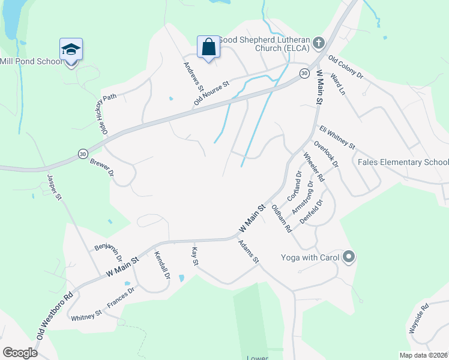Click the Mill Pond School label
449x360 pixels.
(x=31, y=61)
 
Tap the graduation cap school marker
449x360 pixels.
(x=71, y=49)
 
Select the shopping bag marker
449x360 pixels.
(x=208, y=47)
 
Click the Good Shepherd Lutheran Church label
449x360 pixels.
(x=264, y=44)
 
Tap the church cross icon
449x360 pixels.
(x=319, y=43)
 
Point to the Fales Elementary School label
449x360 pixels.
(x=403, y=163)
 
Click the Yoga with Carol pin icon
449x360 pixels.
(x=349, y=258)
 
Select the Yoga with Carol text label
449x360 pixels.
(x=309, y=258)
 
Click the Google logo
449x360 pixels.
(x=20, y=353)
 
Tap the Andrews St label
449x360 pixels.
(x=191, y=76)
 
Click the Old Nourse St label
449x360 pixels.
(x=212, y=94)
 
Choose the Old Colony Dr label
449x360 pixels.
(x=346, y=68)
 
